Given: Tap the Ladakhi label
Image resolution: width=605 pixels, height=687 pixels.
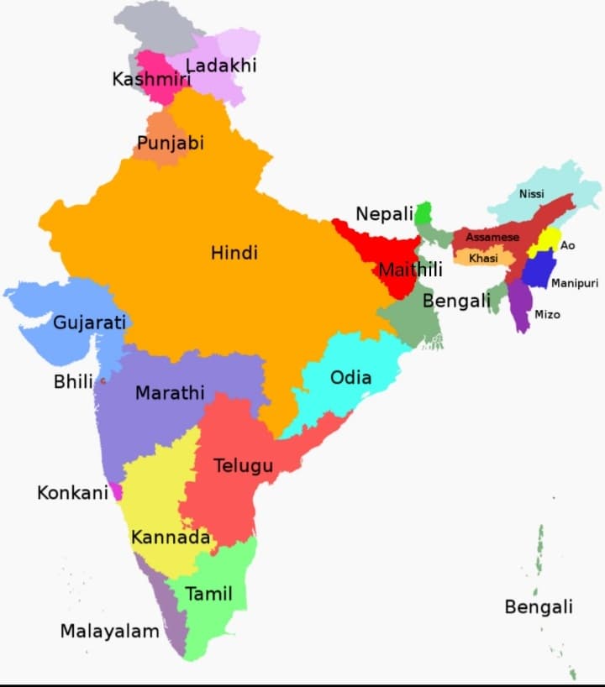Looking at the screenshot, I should (x=221, y=65).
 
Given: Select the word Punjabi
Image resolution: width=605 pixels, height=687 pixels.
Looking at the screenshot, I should (x=171, y=143).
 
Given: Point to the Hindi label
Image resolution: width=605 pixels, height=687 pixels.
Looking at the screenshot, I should (x=234, y=253).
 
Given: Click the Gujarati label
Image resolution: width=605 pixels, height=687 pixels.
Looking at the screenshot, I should (x=89, y=323).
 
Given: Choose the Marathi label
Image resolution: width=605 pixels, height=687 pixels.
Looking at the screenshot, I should (x=170, y=392).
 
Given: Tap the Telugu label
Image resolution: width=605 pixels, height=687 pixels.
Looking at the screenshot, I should (x=243, y=465).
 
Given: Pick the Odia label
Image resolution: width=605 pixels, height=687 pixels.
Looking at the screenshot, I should (x=350, y=377).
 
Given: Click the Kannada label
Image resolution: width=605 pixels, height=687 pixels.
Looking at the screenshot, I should (x=170, y=537).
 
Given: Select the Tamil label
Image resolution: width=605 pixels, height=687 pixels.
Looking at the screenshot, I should (x=208, y=595).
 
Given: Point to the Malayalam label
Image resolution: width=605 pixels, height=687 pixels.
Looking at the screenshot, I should (x=109, y=631).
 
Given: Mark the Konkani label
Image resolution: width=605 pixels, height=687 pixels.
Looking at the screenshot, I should (x=72, y=493).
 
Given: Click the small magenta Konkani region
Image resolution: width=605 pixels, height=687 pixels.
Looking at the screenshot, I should (x=117, y=491).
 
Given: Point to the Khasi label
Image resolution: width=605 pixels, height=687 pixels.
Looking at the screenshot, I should (x=483, y=259).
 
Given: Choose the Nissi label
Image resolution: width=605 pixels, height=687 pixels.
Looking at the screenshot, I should (x=531, y=194).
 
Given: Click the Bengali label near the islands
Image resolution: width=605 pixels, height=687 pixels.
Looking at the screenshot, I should (x=539, y=606).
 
